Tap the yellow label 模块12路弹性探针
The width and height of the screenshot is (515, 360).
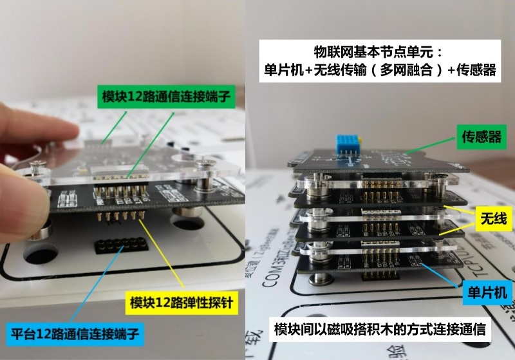(x=184, y=301)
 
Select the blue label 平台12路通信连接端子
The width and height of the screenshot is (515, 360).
(x=77, y=334)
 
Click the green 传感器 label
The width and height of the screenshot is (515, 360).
(x=482, y=136)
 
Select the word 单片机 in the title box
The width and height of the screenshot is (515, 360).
(x=285, y=70)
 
